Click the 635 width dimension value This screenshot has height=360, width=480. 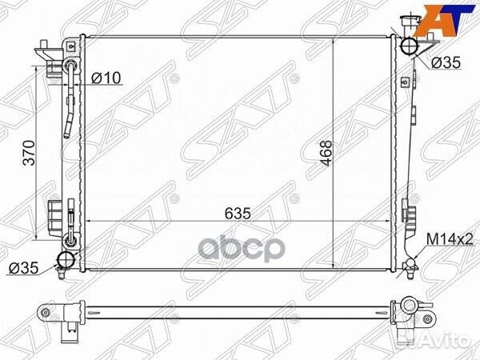(238, 214)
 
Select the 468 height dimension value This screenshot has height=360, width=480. (326, 153)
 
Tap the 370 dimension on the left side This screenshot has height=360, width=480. (29, 153)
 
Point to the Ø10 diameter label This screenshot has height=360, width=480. (106, 78)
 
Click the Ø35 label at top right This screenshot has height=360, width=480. (446, 62)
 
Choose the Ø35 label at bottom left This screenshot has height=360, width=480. (24, 268)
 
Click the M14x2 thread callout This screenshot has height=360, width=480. (450, 239)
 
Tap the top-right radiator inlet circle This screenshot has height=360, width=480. (409, 46)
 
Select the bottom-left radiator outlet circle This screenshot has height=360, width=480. (66, 260)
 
